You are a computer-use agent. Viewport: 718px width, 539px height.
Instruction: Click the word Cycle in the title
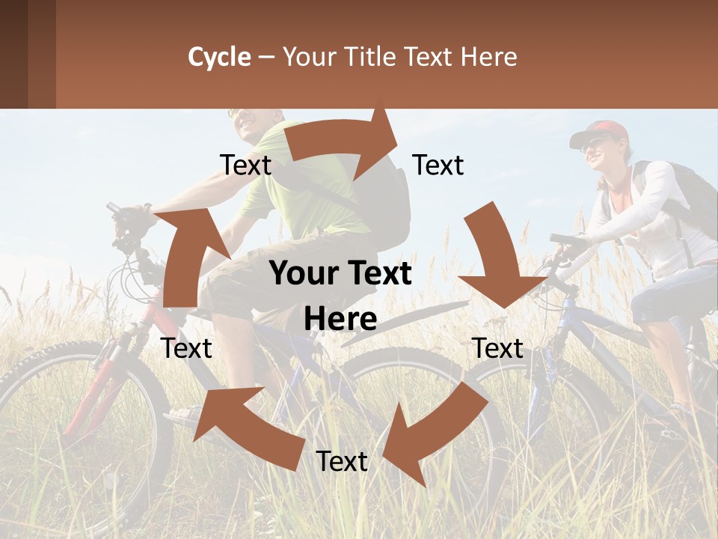point(219,57)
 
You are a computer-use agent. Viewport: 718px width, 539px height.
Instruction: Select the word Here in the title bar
point(489,57)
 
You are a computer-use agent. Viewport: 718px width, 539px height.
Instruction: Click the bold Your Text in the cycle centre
point(340,274)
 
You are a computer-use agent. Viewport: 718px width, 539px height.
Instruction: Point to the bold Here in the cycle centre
point(340,319)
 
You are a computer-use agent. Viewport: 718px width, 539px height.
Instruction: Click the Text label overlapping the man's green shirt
point(246,165)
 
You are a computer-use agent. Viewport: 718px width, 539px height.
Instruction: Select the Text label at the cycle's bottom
point(342,461)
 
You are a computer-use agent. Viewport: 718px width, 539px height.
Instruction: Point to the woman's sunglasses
point(591,144)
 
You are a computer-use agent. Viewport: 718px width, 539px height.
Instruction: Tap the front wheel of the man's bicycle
point(75,434)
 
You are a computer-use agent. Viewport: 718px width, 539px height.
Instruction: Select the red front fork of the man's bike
point(90,389)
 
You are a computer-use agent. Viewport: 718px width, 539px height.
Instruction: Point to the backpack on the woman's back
point(688,195)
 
